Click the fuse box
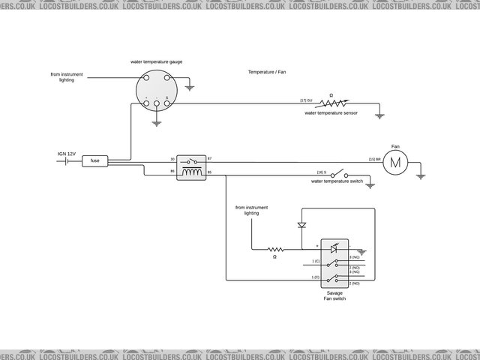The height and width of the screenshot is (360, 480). click(95, 160)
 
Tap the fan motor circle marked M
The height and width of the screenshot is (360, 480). click(397, 160)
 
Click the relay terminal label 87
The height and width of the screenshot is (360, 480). click(210, 160)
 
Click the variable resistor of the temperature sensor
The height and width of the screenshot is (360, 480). click(333, 103)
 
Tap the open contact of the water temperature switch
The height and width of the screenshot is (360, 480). click(339, 172)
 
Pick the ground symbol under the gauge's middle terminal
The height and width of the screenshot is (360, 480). click(155, 120)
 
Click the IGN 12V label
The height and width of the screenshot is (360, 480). click(67, 154)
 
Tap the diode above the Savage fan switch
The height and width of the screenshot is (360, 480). click(302, 224)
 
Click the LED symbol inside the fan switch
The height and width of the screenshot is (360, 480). click(334, 247)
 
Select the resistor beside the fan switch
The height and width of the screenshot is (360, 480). click(276, 250)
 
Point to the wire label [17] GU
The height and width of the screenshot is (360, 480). click(307, 100)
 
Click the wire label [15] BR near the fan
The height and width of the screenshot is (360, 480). click(372, 160)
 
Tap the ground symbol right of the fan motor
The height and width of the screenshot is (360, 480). click(421, 176)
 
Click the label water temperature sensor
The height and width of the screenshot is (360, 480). click(331, 112)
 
